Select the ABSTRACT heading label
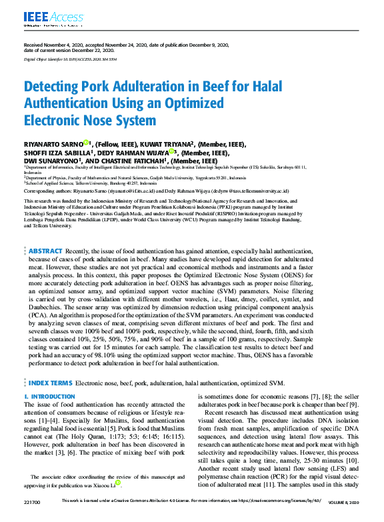(x=45, y=251)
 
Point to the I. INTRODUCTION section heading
(x=49, y=397)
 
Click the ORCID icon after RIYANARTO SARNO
(x=86, y=143)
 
